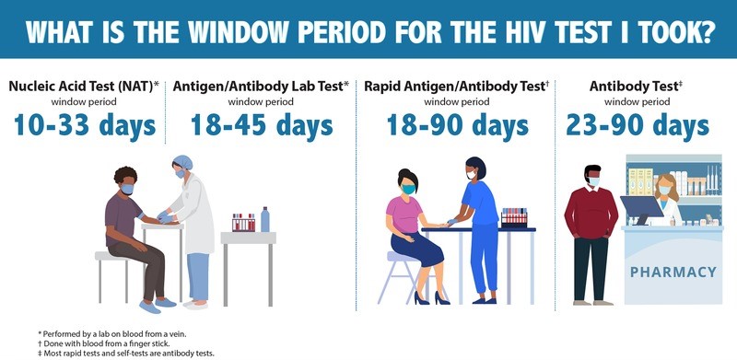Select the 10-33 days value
coord(85,127)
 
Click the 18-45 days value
coord(261,127)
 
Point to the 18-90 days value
coord(456,127)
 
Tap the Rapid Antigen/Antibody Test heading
coord(456,87)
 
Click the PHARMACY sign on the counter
coord(673,272)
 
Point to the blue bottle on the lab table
coord(265,219)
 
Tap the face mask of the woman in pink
coord(408,190)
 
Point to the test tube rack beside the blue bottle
coord(243,222)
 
